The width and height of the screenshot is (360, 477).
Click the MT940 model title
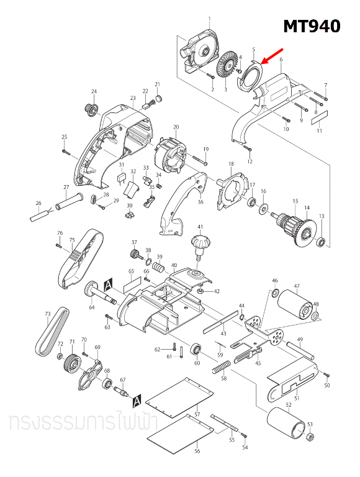coord(312,26)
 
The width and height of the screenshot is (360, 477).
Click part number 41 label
coord(200,227)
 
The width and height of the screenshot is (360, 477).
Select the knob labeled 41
coord(200,243)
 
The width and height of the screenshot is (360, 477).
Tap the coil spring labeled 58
coord(220,368)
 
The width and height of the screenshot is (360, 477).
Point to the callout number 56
coord(197,452)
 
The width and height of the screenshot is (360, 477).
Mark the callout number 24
coord(94,92)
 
